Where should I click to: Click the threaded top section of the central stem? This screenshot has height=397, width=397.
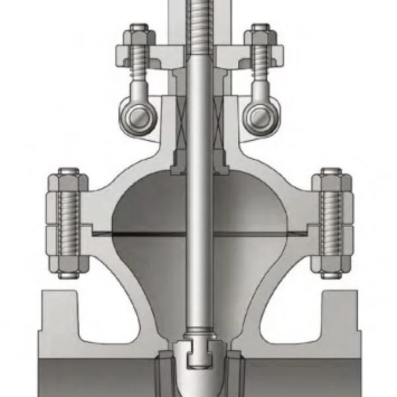pos(198,26)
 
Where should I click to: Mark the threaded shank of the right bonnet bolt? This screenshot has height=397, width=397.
pos(331,222)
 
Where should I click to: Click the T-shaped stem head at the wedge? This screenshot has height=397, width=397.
pos(198,355)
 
